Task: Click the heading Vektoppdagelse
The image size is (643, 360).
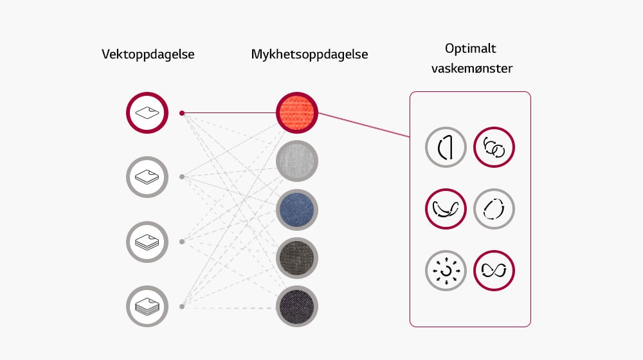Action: (148, 55)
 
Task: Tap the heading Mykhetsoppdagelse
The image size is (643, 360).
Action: (309, 55)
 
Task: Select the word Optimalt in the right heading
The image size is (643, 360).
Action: (471, 49)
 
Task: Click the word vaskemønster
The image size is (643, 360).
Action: (472, 68)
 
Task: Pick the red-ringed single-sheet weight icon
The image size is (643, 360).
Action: (147, 113)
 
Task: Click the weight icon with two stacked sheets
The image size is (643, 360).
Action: (147, 177)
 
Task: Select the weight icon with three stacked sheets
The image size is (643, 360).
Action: (147, 242)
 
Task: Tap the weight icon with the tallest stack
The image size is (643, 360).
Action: (147, 307)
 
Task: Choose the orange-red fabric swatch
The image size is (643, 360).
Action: (297, 113)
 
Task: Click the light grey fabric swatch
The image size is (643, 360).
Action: (297, 161)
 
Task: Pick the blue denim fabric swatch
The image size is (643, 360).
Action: (297, 210)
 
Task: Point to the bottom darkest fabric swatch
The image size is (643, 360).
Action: (297, 306)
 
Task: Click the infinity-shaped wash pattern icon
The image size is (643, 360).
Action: (494, 271)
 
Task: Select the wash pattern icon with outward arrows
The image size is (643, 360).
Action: (446, 271)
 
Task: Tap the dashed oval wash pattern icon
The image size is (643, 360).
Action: (494, 210)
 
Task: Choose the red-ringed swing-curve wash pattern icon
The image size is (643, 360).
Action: (446, 210)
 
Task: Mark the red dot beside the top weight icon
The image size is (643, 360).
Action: (182, 113)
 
